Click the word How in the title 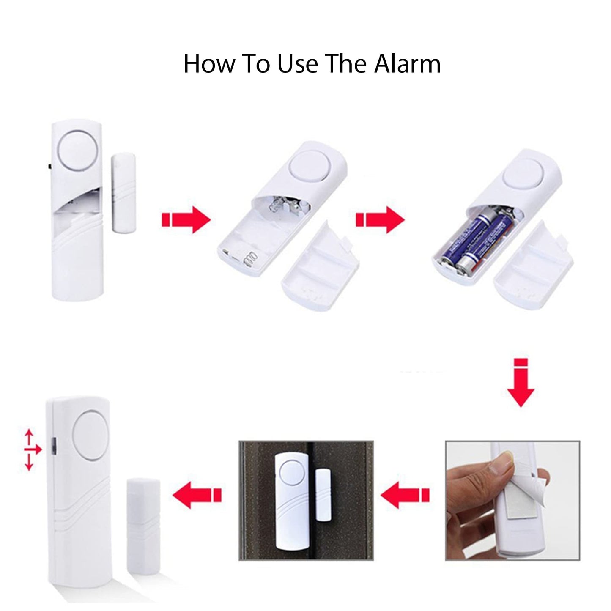(210, 64)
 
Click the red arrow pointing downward (521, 383)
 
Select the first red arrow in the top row (186, 219)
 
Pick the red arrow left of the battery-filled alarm (380, 219)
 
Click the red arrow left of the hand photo (405, 495)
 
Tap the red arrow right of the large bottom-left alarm (197, 495)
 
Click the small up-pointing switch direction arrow (29, 438)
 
